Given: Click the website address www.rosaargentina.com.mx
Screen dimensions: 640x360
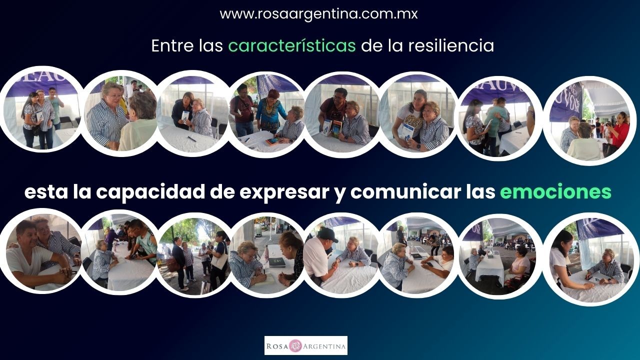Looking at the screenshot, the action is (x=318, y=13).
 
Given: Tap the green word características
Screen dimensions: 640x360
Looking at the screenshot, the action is (x=291, y=45).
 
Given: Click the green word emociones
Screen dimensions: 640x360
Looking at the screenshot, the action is (x=555, y=191).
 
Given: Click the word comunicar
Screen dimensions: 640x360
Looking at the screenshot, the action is (x=405, y=191).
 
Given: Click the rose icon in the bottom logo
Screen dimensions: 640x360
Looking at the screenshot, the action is (x=295, y=346).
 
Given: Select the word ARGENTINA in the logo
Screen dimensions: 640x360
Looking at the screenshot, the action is (x=324, y=346).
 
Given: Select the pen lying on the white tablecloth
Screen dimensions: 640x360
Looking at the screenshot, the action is (x=191, y=139).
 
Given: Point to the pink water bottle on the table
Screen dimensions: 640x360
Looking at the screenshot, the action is (x=267, y=251).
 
